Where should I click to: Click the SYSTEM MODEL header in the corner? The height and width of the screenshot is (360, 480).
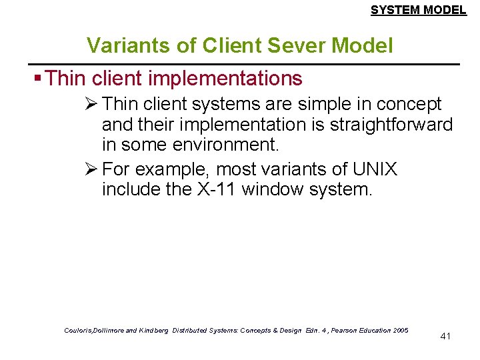[x=418, y=9]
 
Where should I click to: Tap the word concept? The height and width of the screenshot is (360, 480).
[x=407, y=105]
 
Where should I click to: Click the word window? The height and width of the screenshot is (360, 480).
[x=271, y=189]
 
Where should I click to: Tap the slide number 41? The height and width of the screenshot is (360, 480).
[x=446, y=336]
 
